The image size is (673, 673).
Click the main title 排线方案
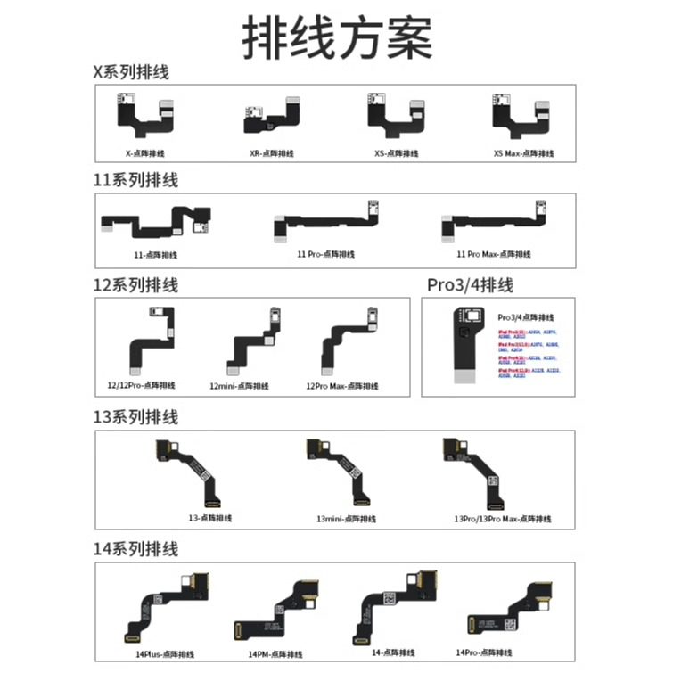click(x=337, y=37)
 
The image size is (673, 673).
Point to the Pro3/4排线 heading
click(x=470, y=285)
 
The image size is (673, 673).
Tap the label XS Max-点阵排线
click(x=523, y=153)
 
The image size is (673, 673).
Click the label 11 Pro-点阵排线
click(x=325, y=254)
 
